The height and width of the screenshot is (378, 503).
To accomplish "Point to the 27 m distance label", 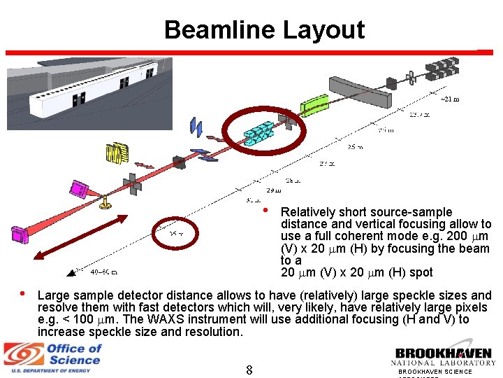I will tap(327, 164).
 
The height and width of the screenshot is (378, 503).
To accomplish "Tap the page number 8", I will tap(249, 369).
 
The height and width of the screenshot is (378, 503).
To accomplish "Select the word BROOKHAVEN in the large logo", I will tap(443, 353).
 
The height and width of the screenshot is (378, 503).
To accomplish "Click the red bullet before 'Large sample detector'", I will tap(23, 294).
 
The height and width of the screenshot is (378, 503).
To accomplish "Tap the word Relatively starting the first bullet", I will tap(307, 212).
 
